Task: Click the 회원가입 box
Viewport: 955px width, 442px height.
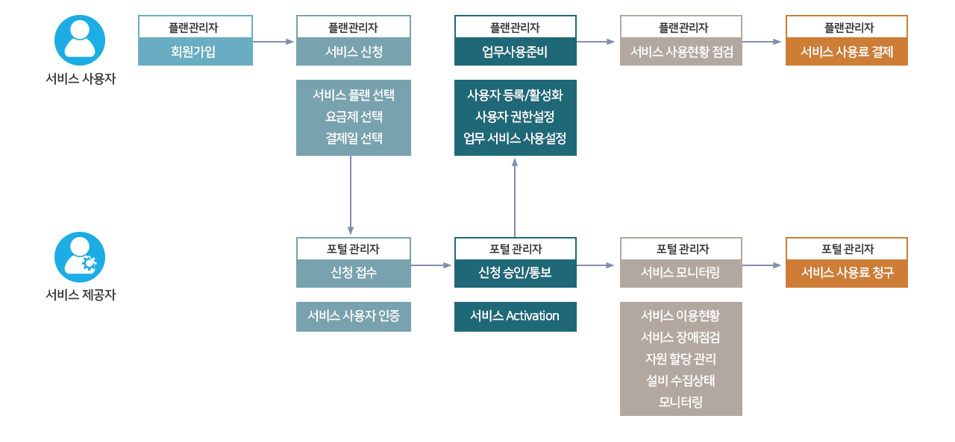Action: (195, 51)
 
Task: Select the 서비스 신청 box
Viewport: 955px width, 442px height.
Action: (353, 51)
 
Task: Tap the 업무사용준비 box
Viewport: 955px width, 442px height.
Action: (515, 51)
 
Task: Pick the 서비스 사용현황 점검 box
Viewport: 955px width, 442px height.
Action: (680, 51)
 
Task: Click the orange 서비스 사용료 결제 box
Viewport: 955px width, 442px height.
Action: (846, 51)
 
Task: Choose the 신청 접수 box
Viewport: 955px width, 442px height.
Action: (353, 273)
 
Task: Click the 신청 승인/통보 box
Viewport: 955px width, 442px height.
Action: (515, 273)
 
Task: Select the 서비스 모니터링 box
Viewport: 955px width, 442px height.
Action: (680, 273)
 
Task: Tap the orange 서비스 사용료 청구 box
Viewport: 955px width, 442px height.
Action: (846, 273)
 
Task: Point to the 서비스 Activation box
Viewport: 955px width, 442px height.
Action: (515, 316)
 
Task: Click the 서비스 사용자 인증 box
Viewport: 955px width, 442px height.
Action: (353, 316)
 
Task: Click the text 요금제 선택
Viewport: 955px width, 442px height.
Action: (353, 117)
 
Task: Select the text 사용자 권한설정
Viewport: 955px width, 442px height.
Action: (515, 117)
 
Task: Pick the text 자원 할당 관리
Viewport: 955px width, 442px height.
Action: (680, 359)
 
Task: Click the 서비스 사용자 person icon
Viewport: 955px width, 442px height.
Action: (80, 40)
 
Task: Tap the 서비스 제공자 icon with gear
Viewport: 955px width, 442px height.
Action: (80, 257)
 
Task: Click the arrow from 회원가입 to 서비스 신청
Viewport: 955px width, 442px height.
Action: (274, 42)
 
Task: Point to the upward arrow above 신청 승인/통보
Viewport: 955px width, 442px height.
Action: (515, 197)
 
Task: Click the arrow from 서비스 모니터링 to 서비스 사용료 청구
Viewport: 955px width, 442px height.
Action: (763, 265)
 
